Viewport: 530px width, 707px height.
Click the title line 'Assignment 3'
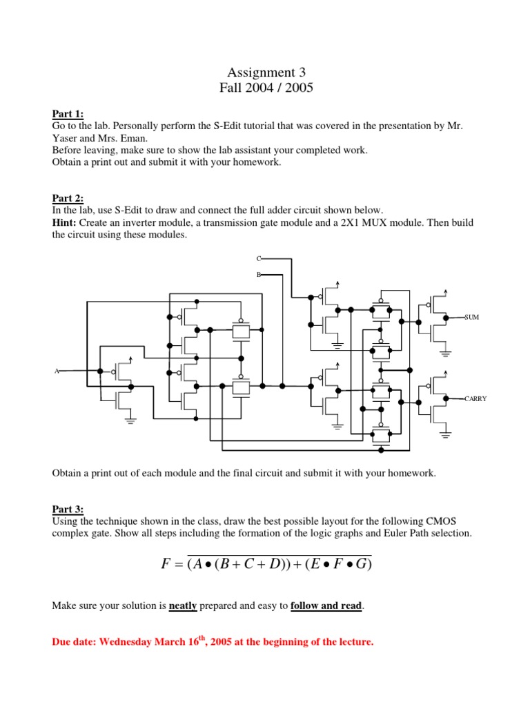266,72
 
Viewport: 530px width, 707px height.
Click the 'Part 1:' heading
68,115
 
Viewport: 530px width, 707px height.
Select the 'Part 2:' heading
68,198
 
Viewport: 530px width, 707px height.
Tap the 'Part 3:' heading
68,510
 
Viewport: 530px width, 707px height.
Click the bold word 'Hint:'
66,222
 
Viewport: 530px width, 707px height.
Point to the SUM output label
473,316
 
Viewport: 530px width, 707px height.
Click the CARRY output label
475,398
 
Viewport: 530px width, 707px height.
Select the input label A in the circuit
57,371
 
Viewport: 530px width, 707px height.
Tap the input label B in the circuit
259,275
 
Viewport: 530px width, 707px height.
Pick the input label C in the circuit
259,258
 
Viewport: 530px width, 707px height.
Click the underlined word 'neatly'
184,606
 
